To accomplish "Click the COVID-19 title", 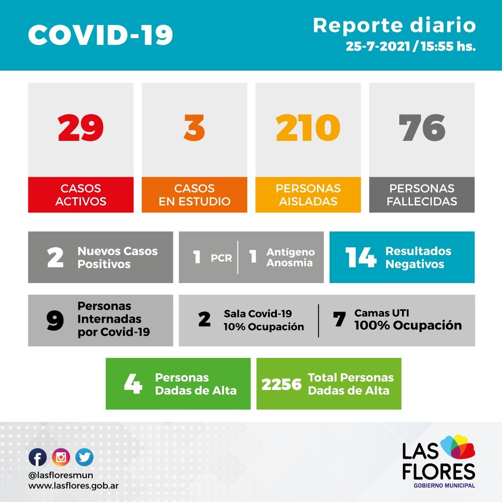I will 100,35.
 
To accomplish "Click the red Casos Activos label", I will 80,195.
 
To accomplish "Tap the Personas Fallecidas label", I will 422,195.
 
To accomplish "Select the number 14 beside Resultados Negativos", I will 360,258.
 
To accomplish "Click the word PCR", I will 221,258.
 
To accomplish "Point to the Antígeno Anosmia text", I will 290,258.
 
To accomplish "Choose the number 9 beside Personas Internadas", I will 55,321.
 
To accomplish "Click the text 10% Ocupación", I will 264,327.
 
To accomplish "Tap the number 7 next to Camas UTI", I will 339,320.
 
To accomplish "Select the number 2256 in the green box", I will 281,384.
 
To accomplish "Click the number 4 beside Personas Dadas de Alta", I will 133,384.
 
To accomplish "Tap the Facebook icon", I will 38,457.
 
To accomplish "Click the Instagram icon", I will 61,457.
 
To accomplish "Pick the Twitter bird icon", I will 84,457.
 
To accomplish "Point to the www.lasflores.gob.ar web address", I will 74,485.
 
